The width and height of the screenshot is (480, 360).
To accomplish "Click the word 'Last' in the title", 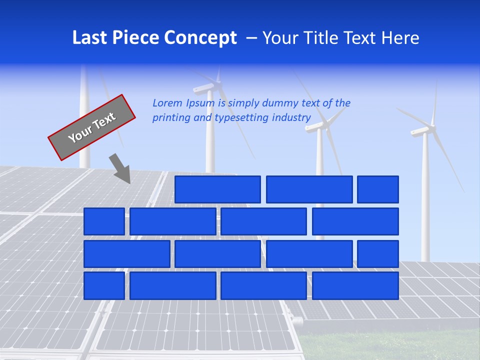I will click(89, 38).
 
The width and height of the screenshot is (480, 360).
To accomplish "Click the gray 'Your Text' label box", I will click(92, 127).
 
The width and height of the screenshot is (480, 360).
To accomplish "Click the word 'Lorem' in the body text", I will click(167, 103).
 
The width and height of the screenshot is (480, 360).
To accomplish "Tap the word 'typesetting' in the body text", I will click(242, 117).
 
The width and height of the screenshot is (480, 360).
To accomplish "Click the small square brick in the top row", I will click(378, 189).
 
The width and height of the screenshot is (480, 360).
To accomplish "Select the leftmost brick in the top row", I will click(217, 189).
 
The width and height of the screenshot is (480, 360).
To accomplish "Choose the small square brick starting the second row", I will click(104, 221).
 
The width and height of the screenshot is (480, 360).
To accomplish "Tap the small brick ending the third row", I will click(378, 254).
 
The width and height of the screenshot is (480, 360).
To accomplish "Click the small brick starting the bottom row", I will click(104, 286).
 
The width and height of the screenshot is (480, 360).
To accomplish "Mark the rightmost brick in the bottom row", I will click(355, 286).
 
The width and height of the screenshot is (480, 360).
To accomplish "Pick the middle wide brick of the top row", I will click(309, 189).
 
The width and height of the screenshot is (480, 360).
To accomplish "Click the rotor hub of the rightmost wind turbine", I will click(424, 132).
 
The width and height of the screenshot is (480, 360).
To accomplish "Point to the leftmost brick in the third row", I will click(126, 254).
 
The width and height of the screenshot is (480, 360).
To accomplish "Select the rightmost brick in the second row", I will click(355, 221).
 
